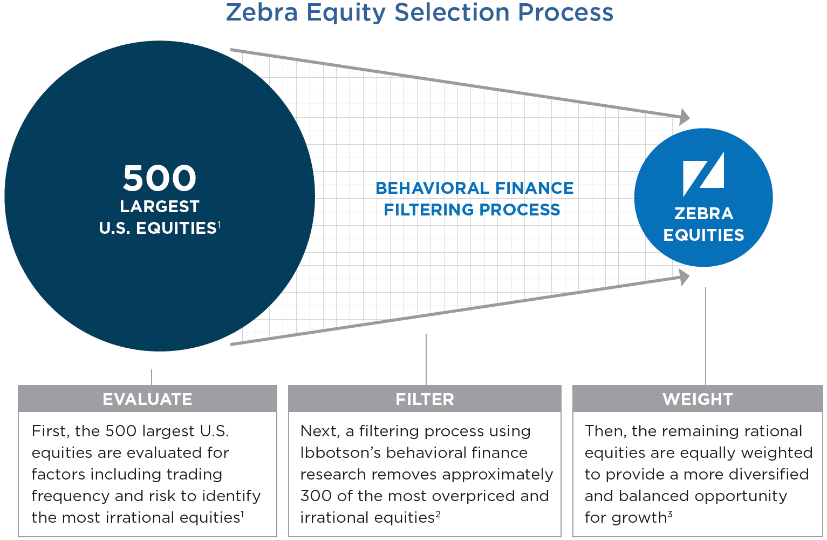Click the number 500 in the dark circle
coord(160,178)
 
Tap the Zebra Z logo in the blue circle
coord(703,174)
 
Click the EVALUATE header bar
coord(147,399)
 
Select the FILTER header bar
coord(425,399)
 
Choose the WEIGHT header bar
coord(698,399)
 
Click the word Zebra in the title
coord(262,12)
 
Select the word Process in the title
coord(565,12)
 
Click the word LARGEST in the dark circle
coord(160,207)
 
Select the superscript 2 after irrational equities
coord(438,514)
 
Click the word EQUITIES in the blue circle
coord(703,235)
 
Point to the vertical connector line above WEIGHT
coord(706,336)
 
